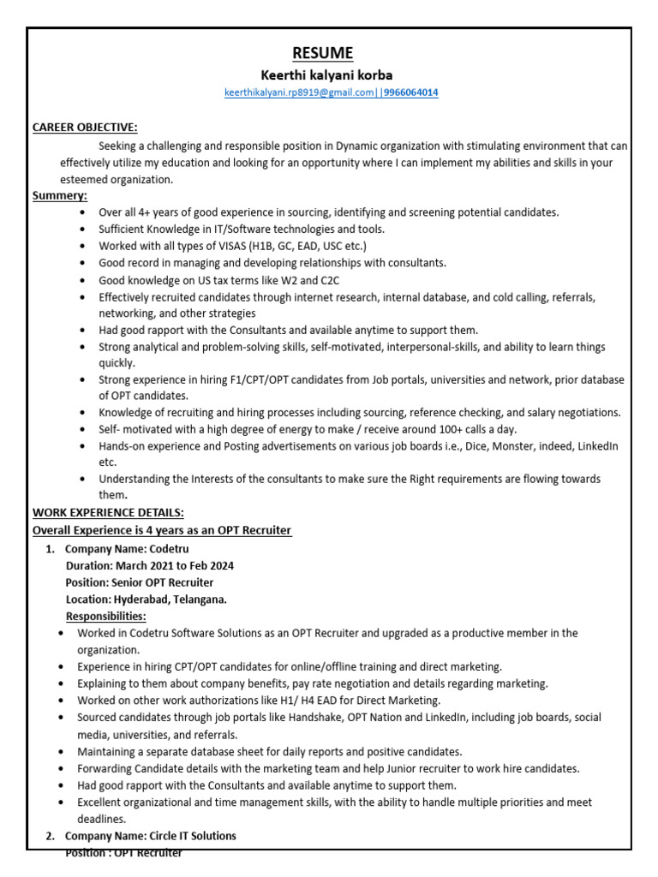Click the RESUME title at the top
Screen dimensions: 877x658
(x=322, y=53)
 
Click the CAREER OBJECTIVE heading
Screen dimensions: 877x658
(x=85, y=127)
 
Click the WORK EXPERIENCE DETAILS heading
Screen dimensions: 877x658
(x=108, y=513)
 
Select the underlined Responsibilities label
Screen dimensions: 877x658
(x=105, y=616)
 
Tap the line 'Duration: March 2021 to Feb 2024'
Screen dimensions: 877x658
(x=149, y=565)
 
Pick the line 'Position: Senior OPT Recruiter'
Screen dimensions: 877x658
(x=140, y=582)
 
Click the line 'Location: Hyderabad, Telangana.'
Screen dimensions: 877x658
(x=146, y=600)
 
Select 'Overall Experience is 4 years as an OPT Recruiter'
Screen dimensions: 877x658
(x=162, y=531)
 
